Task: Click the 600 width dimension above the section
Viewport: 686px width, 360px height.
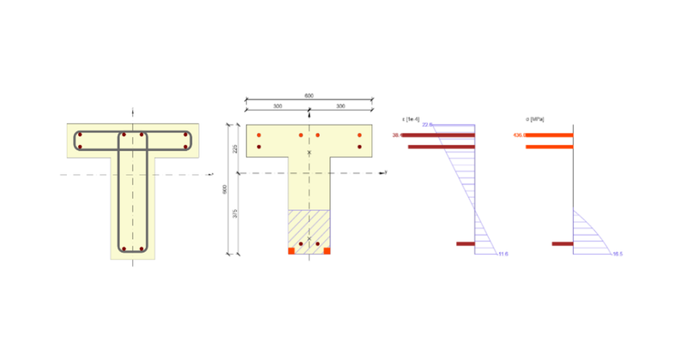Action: click(309, 96)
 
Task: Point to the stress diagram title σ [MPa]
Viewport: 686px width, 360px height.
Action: click(535, 117)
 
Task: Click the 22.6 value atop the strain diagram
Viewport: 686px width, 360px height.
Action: click(427, 125)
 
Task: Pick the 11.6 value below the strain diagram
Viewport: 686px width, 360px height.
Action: click(502, 255)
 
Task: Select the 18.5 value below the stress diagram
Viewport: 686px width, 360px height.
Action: click(617, 255)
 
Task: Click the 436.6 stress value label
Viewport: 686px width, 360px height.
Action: click(520, 135)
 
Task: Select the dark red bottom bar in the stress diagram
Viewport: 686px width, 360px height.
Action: click(563, 244)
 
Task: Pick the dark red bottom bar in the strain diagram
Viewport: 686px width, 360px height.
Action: click(465, 244)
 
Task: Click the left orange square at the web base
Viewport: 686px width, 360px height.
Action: click(291, 251)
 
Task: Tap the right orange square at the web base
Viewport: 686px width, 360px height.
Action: click(327, 251)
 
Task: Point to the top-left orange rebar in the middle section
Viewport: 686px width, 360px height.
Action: click(260, 135)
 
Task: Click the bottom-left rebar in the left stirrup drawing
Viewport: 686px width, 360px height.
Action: click(123, 249)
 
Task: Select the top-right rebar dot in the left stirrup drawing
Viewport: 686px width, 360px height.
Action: click(185, 135)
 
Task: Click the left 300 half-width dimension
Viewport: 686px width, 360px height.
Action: click(278, 105)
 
